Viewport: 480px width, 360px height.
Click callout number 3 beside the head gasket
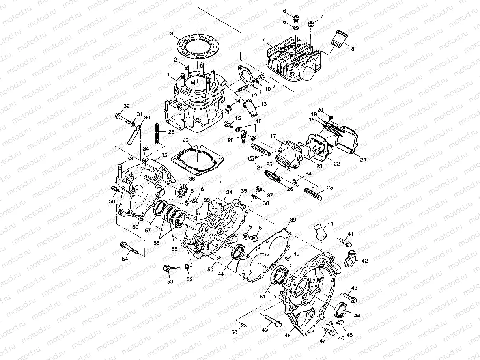point(172,34)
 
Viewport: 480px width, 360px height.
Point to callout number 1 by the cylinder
point(168,74)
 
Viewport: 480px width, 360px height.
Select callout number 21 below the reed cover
point(363,159)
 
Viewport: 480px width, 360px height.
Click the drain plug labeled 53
point(166,268)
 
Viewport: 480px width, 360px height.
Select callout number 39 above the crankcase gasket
point(293,220)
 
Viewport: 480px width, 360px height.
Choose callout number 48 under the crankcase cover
point(288,335)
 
